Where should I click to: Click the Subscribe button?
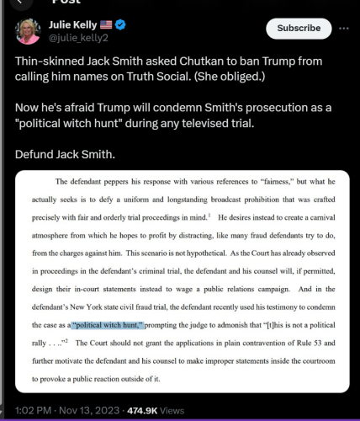point(299,28)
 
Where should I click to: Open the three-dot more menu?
point(344,28)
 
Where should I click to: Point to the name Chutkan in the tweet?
point(195,65)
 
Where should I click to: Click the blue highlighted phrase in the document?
point(109,325)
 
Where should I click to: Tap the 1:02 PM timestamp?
point(33,409)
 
